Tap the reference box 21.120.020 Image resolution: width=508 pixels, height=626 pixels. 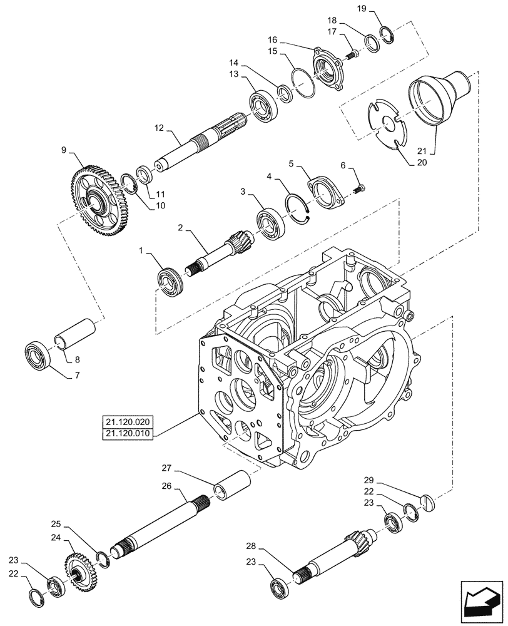coord(124,421)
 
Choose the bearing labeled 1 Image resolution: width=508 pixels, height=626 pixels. coord(171,280)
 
